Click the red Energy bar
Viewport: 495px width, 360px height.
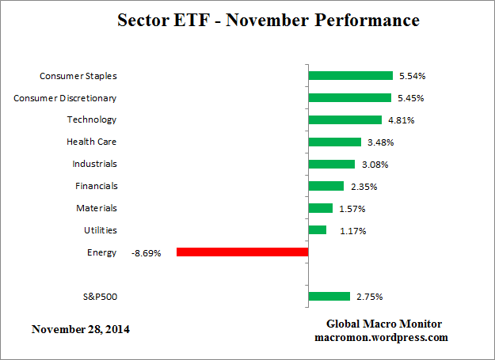tap(242, 252)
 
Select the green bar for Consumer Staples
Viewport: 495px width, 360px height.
tap(350, 76)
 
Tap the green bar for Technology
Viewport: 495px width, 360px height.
tap(345, 120)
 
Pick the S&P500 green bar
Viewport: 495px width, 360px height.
tap(329, 297)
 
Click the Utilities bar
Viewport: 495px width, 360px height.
tap(317, 230)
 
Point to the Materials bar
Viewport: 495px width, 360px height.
tap(320, 208)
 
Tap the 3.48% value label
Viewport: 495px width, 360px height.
tap(379, 142)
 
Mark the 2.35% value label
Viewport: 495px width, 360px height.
tap(364, 187)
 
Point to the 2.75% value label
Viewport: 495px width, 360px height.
tap(370, 297)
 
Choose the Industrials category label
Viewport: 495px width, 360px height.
tap(93, 164)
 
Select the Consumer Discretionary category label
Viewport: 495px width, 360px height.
tap(66, 98)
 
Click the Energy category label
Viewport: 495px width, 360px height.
tap(102, 252)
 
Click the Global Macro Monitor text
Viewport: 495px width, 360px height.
tap(383, 324)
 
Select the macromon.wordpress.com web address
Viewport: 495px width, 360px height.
tap(383, 337)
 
